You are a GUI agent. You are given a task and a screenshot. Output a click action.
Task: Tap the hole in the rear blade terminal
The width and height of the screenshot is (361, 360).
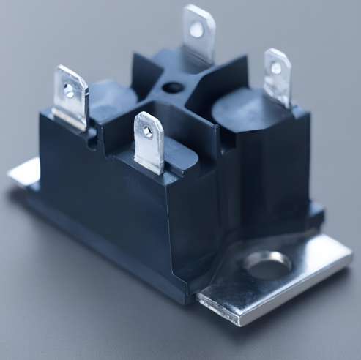tap(197, 29)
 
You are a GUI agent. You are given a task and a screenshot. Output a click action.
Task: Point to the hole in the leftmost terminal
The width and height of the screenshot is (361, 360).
tap(70, 90)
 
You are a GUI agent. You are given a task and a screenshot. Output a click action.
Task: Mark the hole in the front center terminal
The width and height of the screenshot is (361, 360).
tap(147, 132)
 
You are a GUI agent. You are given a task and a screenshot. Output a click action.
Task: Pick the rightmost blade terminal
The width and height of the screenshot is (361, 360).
tap(277, 77)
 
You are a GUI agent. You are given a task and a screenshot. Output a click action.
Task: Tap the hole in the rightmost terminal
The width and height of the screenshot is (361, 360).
tap(276, 68)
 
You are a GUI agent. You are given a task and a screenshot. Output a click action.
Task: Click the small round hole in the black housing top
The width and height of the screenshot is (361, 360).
tap(173, 89)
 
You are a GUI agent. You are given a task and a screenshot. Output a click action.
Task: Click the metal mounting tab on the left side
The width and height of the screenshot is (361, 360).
tap(24, 173)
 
